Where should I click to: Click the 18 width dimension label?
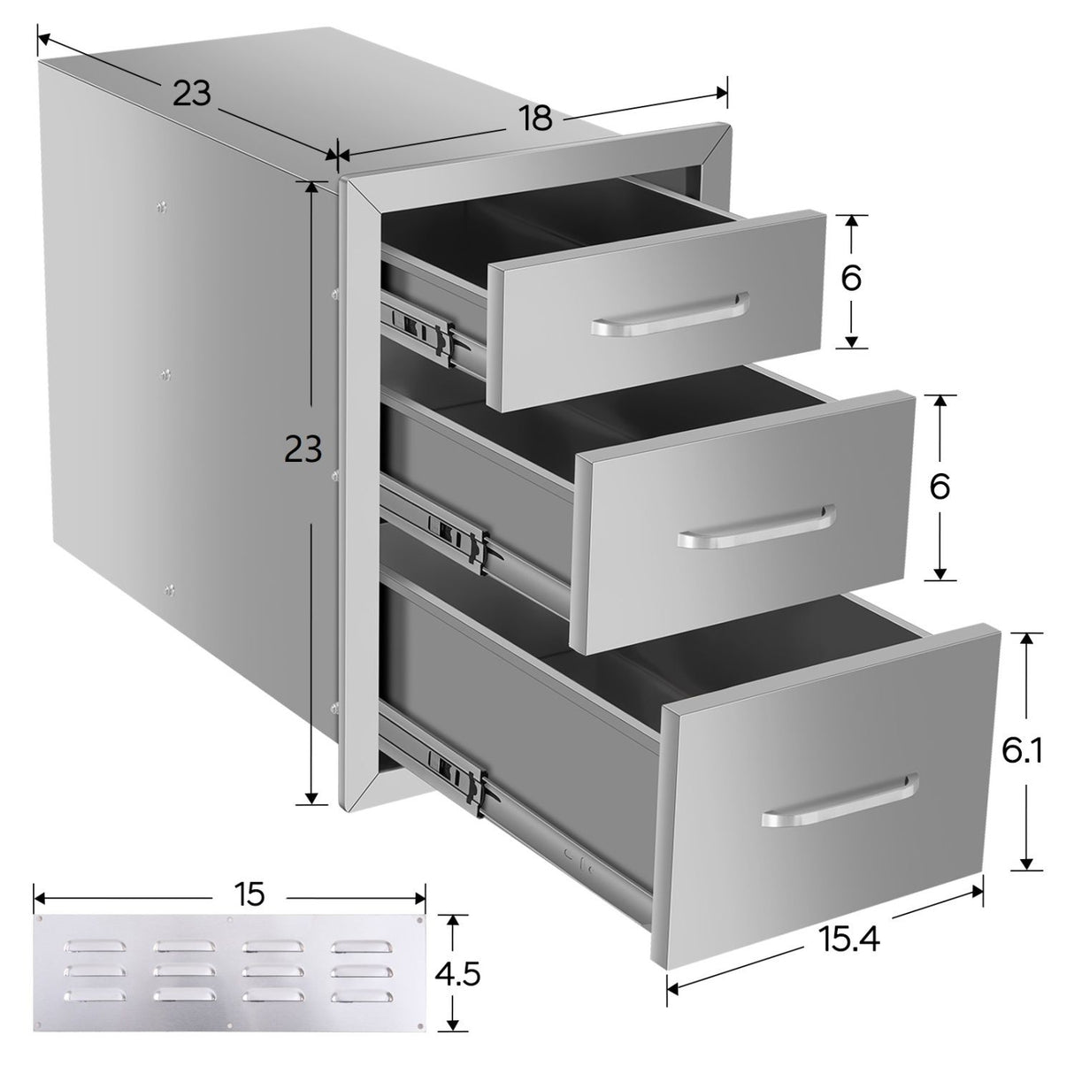click(535, 119)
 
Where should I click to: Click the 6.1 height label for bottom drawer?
click(1022, 751)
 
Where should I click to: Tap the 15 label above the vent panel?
click(249, 894)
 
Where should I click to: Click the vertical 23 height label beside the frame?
click(303, 449)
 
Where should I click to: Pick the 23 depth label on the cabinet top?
click(192, 93)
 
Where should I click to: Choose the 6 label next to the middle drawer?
click(940, 487)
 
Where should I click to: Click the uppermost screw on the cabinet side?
click(162, 207)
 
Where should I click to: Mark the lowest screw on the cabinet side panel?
click(170, 589)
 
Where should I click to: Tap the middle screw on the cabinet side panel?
click(165, 373)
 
